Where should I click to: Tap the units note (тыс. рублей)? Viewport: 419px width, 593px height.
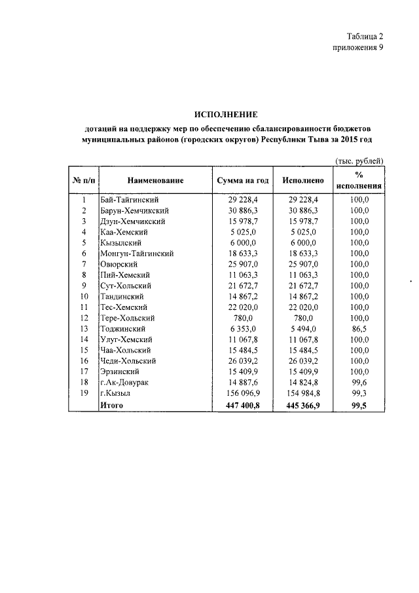[x=359, y=161]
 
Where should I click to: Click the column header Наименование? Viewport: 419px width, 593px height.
[x=155, y=180]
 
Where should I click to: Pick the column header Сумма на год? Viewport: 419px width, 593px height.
[x=243, y=180]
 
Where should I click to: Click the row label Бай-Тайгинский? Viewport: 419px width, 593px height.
[x=130, y=199]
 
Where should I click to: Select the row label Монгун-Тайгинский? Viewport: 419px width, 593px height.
[x=136, y=253]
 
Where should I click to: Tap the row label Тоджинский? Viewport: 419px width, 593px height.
[x=122, y=328]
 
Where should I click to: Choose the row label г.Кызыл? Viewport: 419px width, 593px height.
[x=116, y=392]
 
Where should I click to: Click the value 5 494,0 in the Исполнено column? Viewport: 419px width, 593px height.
[x=303, y=328]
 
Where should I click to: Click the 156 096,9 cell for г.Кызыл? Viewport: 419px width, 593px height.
[x=244, y=392]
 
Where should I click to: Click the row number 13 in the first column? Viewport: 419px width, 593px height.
[x=84, y=328]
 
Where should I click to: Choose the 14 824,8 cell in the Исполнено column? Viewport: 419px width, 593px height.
[x=302, y=382]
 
